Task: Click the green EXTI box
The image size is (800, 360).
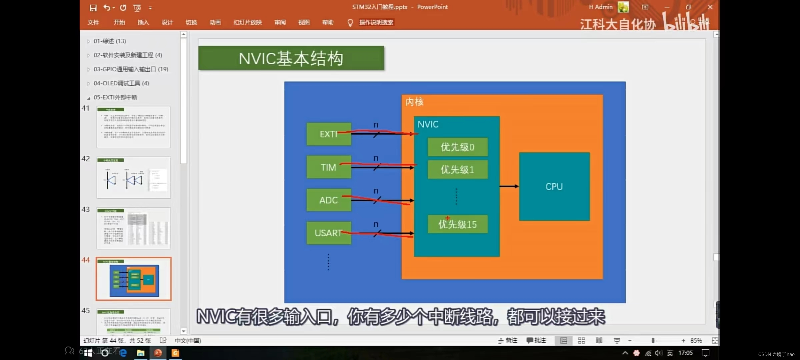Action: click(329, 134)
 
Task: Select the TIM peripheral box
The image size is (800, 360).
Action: click(329, 167)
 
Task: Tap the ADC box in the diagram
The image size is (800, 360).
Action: click(329, 200)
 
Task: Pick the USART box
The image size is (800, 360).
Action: click(329, 233)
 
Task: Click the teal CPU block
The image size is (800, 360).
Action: click(554, 187)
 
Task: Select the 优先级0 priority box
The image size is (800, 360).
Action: click(457, 147)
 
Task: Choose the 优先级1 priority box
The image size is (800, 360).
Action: click(457, 170)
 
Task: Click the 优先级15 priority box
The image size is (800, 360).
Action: click(457, 224)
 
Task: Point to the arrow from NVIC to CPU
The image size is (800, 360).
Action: click(509, 186)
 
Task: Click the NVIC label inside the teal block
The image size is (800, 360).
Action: click(428, 124)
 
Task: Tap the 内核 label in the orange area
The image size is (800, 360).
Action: click(414, 102)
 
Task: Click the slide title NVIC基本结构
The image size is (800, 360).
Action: click(291, 58)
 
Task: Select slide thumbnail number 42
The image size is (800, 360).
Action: click(133, 178)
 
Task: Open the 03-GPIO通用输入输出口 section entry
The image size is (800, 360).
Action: click(131, 69)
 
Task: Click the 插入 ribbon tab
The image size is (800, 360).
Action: click(143, 22)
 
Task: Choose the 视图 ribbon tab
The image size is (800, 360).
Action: click(304, 22)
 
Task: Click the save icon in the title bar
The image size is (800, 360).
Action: click(93, 8)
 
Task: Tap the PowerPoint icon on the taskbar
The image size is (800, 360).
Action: click(158, 353)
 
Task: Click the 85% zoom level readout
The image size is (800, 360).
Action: click(696, 340)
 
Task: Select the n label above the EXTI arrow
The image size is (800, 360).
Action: click(376, 125)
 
